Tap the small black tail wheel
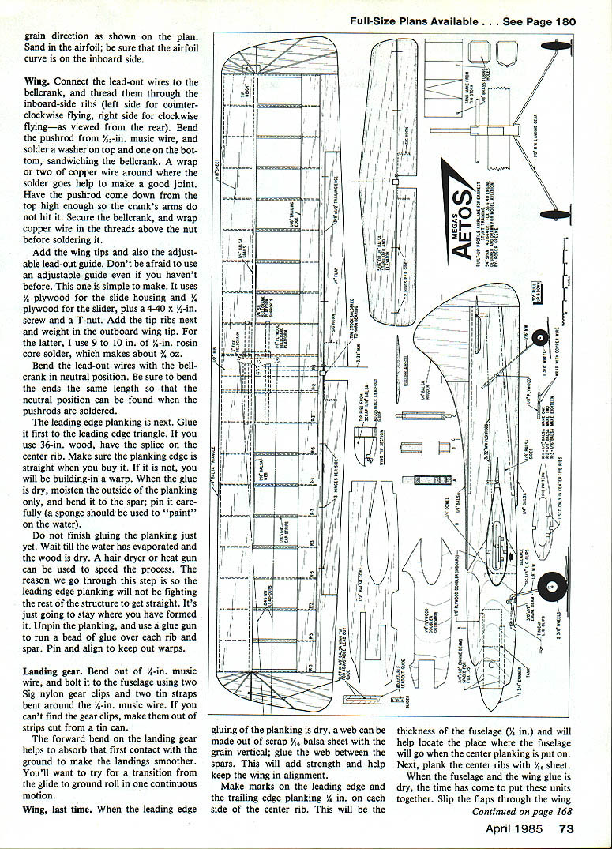[543, 343]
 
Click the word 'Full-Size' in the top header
[378, 21]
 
